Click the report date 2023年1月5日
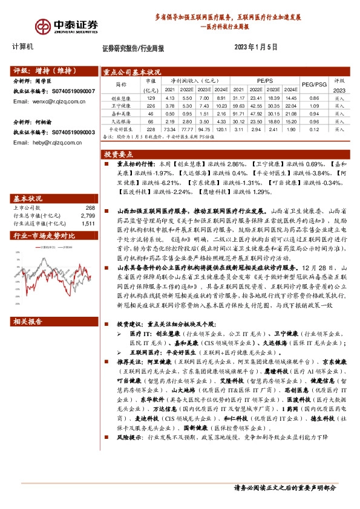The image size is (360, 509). pos(255,47)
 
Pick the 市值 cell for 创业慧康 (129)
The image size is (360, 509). pos(151,98)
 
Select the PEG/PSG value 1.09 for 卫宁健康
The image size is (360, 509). pos(314,105)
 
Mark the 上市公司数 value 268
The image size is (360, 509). pos(90,207)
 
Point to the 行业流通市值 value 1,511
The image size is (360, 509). pos(88,223)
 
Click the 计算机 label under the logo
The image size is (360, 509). pos(22,47)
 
